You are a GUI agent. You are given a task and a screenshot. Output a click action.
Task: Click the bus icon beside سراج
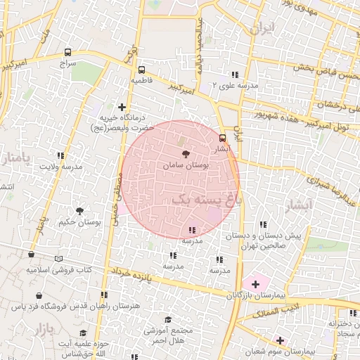click(67, 52)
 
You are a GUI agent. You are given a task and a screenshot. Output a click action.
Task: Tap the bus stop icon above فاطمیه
click(141, 70)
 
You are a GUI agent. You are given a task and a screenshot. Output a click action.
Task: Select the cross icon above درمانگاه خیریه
click(122, 107)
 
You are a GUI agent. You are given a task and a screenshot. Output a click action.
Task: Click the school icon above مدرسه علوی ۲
click(234, 75)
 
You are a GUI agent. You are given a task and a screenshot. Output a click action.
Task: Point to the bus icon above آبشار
click(223, 138)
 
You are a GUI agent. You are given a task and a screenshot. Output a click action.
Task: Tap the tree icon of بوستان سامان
click(185, 153)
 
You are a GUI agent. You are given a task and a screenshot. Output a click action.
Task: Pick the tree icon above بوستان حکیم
click(79, 210)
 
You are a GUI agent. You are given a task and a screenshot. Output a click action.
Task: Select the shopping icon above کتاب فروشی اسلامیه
click(31, 255)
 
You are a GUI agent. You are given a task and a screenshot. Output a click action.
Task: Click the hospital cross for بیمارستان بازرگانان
click(255, 284)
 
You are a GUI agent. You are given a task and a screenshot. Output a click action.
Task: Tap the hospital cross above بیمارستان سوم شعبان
click(280, 340)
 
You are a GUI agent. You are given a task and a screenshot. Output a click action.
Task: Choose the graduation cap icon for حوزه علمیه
click(83, 333)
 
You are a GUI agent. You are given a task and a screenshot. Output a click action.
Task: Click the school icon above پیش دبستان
click(262, 225)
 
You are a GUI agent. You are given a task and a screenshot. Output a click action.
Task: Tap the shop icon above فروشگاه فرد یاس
click(44, 295)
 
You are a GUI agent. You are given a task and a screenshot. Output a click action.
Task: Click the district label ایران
click(261, 29)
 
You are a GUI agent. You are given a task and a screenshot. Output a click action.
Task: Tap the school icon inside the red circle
click(192, 230)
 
